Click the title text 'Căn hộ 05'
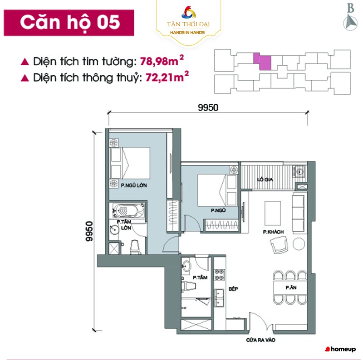click(70, 22)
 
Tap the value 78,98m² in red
click(162, 61)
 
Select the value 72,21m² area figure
click(167, 77)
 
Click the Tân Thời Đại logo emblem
click(189, 12)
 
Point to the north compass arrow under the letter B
click(350, 22)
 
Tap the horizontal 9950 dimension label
click(208, 107)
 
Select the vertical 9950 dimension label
click(89, 231)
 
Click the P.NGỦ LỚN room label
click(134, 185)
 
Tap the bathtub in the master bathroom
click(128, 210)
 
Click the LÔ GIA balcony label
click(265, 179)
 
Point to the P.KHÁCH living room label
click(273, 232)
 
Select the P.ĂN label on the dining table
click(291, 287)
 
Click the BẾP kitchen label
click(233, 289)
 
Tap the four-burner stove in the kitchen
click(219, 274)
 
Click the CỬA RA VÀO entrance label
click(260, 340)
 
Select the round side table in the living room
click(299, 244)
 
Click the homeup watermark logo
click(341, 349)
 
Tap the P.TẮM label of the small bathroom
click(200, 277)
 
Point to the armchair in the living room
click(279, 245)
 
